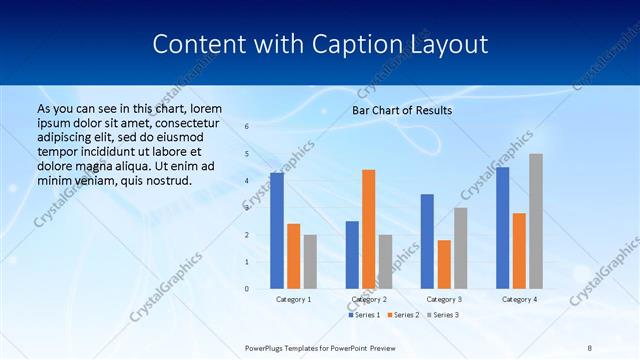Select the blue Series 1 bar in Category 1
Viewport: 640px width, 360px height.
point(277,231)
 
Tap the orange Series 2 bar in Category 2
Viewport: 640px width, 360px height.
point(369,229)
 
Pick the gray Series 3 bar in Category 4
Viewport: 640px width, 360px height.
point(536,221)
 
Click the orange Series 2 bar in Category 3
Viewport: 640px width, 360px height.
point(444,264)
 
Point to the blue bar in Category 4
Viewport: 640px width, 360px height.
point(502,228)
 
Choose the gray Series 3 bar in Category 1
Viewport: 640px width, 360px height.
point(310,261)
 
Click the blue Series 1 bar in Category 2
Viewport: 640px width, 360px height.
point(352,255)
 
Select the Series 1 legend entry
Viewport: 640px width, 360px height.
point(365,315)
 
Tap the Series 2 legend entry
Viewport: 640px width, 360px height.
point(402,315)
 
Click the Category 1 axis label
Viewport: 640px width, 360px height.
point(293,299)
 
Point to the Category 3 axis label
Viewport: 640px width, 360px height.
point(444,299)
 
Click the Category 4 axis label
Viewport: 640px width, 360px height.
point(519,299)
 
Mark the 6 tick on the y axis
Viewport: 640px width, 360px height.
point(247,127)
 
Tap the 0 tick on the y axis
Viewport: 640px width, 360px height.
point(247,289)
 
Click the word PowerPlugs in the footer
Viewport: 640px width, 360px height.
point(267,347)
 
